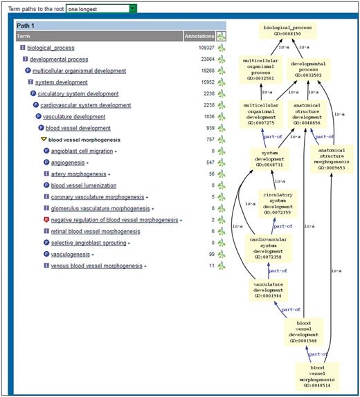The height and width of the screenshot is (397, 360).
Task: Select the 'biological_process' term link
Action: tap(51, 48)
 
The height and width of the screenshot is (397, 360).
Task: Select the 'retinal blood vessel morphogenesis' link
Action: tap(96, 231)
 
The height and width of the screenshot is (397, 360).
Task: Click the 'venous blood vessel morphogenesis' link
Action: tap(96, 266)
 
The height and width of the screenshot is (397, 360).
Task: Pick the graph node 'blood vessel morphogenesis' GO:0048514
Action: tap(316, 377)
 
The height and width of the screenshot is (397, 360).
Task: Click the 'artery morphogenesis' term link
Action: tap(78, 174)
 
